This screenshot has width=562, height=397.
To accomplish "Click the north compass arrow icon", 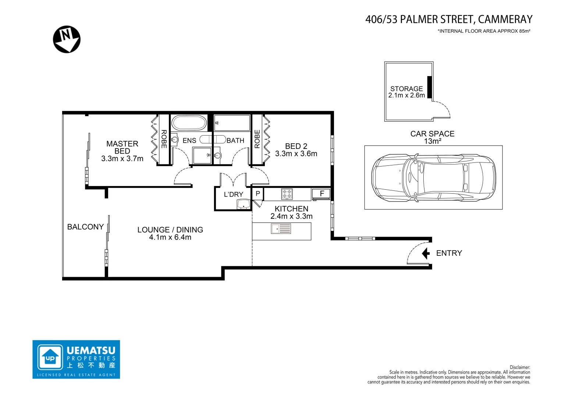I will tap(67, 39).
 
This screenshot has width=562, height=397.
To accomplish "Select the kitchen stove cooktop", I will tap(287, 194).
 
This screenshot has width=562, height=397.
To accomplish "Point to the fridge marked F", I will tap(321, 194).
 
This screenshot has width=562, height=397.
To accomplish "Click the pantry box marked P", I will tap(257, 194).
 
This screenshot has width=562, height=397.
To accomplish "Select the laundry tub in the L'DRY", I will tap(243, 204).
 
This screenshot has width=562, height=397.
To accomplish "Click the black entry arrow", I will tap(426, 253).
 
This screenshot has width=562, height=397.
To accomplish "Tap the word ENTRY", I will tap(449, 253).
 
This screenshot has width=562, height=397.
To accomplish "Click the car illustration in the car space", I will tap(433, 178).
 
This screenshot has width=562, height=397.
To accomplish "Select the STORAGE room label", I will tap(406, 89).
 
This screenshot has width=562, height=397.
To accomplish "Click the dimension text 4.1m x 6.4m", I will tap(170, 237).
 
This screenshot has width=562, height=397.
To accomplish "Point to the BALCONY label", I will tap(85, 227).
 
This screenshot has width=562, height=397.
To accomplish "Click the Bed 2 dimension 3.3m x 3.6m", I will tap(296, 154).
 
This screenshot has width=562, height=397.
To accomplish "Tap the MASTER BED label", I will tap(122, 147).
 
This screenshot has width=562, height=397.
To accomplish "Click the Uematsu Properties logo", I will tap(76, 359).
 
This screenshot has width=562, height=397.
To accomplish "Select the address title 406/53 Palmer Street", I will tap(449, 19).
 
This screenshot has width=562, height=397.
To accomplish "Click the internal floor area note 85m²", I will tap(484, 31).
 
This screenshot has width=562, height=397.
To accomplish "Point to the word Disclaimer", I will tap(520, 367).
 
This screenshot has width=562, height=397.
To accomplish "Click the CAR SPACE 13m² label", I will tap(432, 137).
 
